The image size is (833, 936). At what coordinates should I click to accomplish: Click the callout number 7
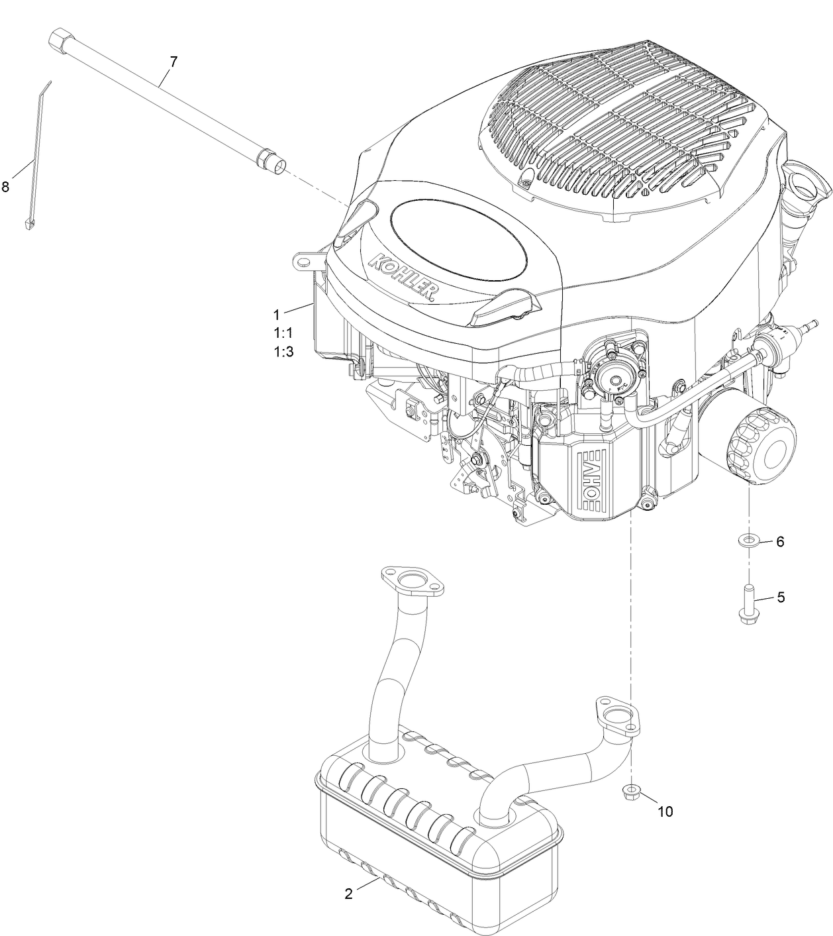coord(173,62)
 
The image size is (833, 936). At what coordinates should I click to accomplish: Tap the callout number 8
coord(5,187)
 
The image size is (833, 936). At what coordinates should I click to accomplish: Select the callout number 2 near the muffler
coord(349,893)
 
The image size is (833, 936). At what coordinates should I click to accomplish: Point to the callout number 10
coord(665,811)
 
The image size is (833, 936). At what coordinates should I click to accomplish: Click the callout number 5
coord(781,597)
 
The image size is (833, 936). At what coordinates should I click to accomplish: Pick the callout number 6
coord(780,541)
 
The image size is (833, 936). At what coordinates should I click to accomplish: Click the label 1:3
coord(283,352)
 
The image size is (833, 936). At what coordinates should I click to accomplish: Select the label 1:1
coord(283,333)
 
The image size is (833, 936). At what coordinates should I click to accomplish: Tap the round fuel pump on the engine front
coord(614,378)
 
